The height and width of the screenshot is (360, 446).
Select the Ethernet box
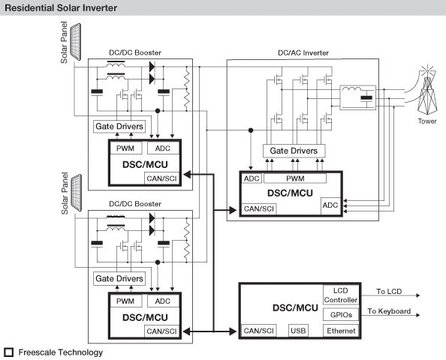coord(340,330)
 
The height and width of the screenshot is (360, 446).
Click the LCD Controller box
coord(340,295)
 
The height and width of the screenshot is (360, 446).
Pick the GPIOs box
coord(340,313)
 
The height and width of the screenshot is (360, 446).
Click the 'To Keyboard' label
coord(390,310)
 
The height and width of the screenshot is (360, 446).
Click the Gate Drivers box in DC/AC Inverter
coord(292,151)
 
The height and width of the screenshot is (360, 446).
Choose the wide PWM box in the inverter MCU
coord(295,179)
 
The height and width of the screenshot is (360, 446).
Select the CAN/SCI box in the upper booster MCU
coord(160,177)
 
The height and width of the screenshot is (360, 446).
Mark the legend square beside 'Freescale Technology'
coord(8,352)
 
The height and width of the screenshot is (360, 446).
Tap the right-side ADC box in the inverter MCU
coord(330,204)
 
